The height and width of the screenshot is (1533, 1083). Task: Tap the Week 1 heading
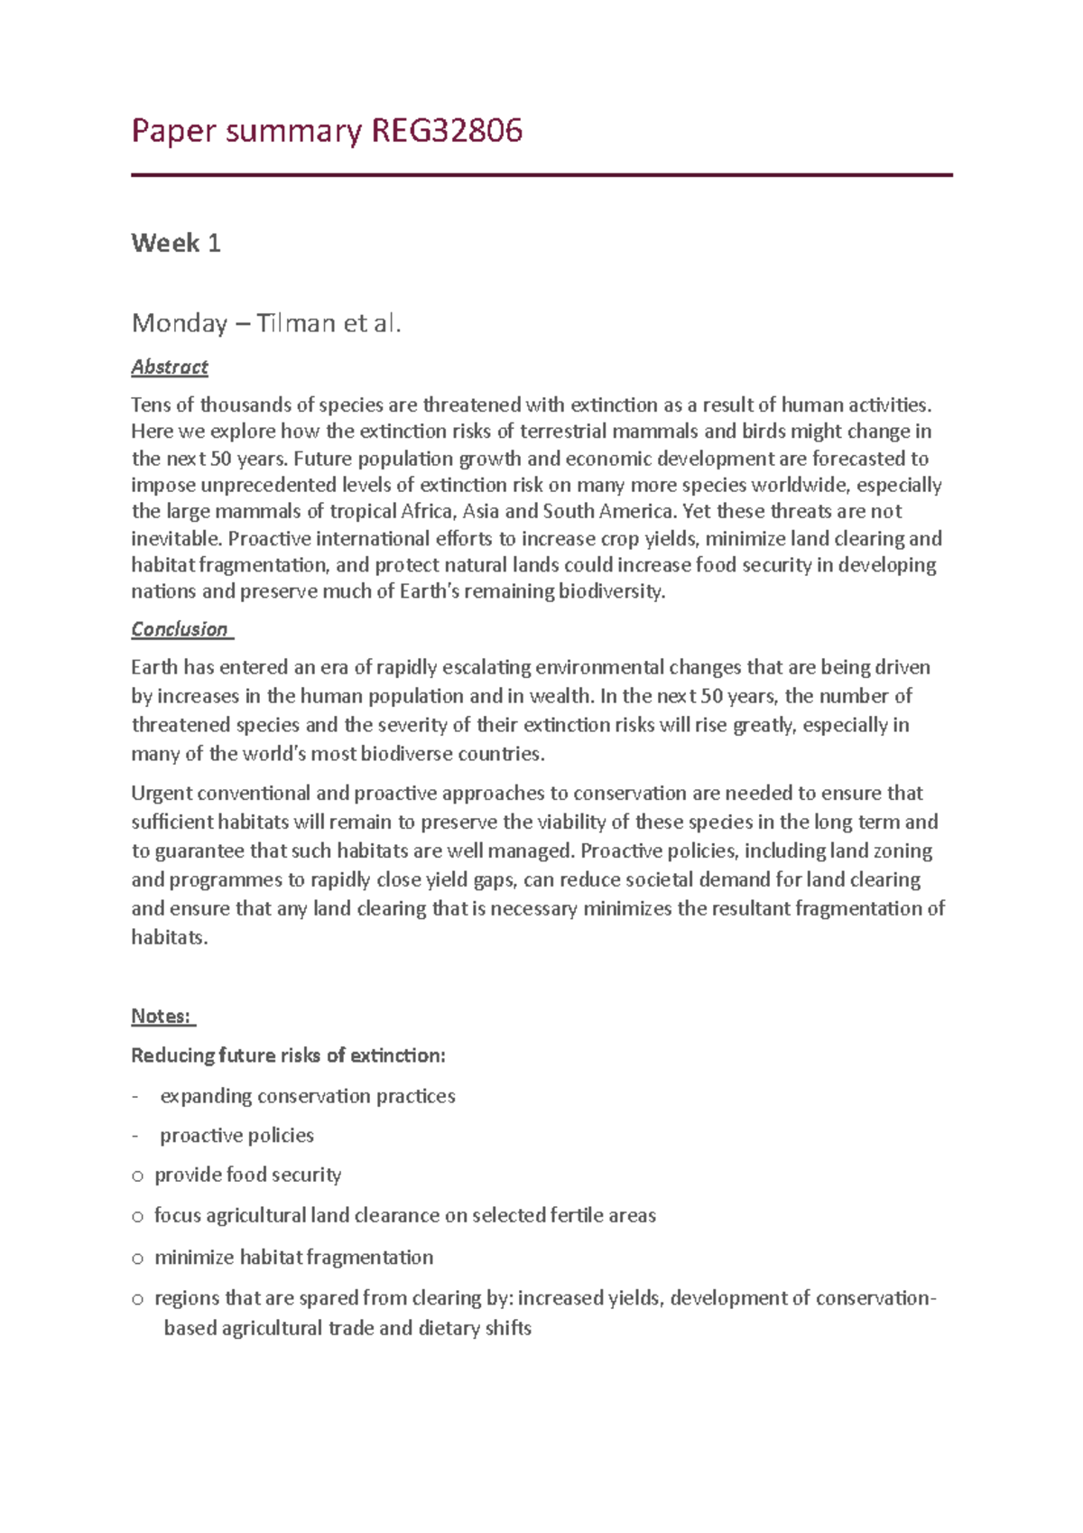[176, 243]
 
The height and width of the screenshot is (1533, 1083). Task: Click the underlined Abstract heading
[170, 367]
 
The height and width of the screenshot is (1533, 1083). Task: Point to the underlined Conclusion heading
[180, 629]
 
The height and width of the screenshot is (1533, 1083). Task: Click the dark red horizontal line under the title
[541, 175]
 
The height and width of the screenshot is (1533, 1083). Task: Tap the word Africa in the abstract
[428, 512]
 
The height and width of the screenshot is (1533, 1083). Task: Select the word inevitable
[175, 539]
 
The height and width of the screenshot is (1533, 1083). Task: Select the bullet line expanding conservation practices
[307, 1096]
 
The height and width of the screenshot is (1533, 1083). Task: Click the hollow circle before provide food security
[137, 1176]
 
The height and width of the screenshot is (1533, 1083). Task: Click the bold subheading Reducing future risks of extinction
[288, 1055]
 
